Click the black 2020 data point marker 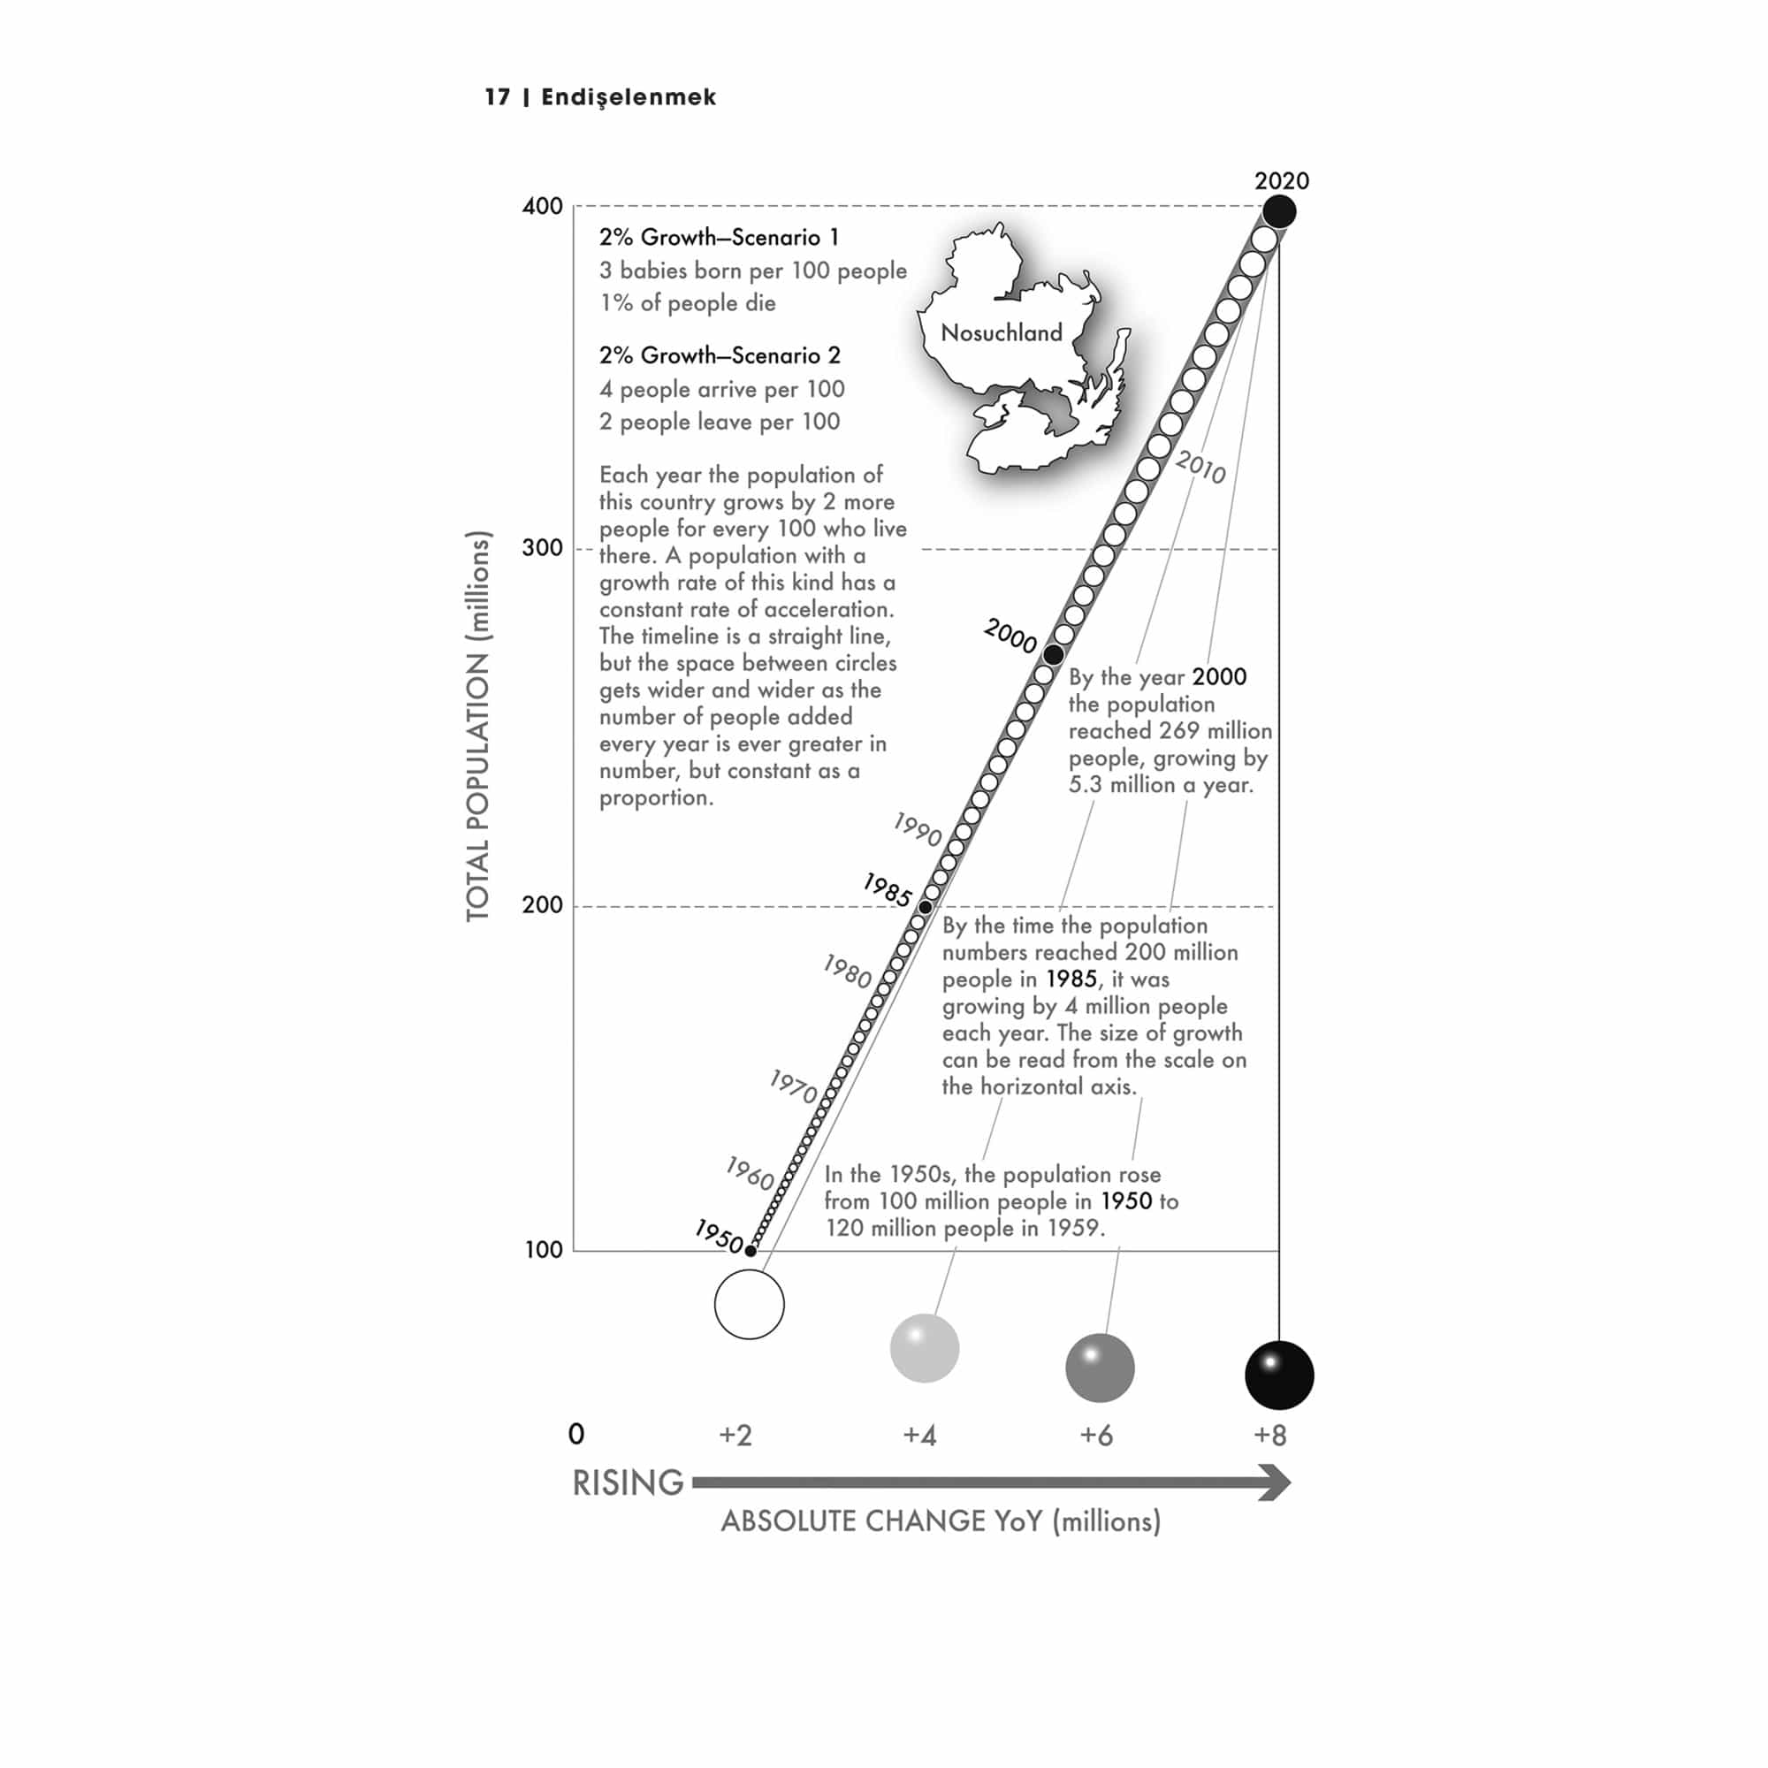click(x=1278, y=211)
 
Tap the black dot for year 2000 click(x=1054, y=654)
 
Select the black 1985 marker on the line click(x=926, y=907)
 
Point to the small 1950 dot click(x=751, y=1250)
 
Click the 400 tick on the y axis click(x=542, y=206)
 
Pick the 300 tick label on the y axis click(x=542, y=548)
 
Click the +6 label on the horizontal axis click(x=1095, y=1435)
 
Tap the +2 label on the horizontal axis click(x=735, y=1435)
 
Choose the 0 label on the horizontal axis click(x=575, y=1434)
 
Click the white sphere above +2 click(x=749, y=1304)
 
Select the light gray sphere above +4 click(x=925, y=1348)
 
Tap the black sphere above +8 click(x=1278, y=1375)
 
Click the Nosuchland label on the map click(x=1002, y=333)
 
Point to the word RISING click(x=628, y=1482)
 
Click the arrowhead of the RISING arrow click(x=1274, y=1482)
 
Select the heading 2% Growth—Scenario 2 click(x=720, y=355)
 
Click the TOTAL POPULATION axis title click(x=477, y=726)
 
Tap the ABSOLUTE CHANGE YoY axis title click(x=940, y=1520)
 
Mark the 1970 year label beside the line click(x=792, y=1086)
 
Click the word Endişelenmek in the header click(x=629, y=97)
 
